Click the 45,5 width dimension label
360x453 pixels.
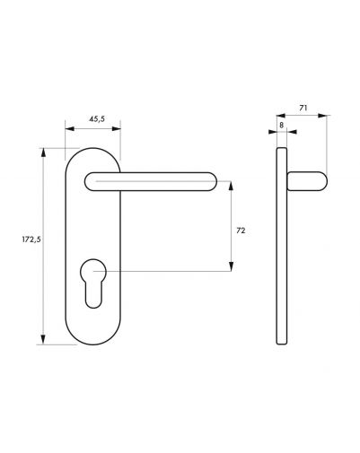coord(97,119)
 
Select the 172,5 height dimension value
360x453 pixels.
coord(31,240)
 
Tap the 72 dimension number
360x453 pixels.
coord(241,231)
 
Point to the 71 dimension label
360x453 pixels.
coord(303,108)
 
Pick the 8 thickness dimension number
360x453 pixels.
coord(281,125)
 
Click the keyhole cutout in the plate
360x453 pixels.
coord(93,283)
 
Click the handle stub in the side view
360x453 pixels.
coord(307,181)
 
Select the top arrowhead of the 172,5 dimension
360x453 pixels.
coord(43,152)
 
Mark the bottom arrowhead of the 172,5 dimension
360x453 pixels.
coord(43,340)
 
